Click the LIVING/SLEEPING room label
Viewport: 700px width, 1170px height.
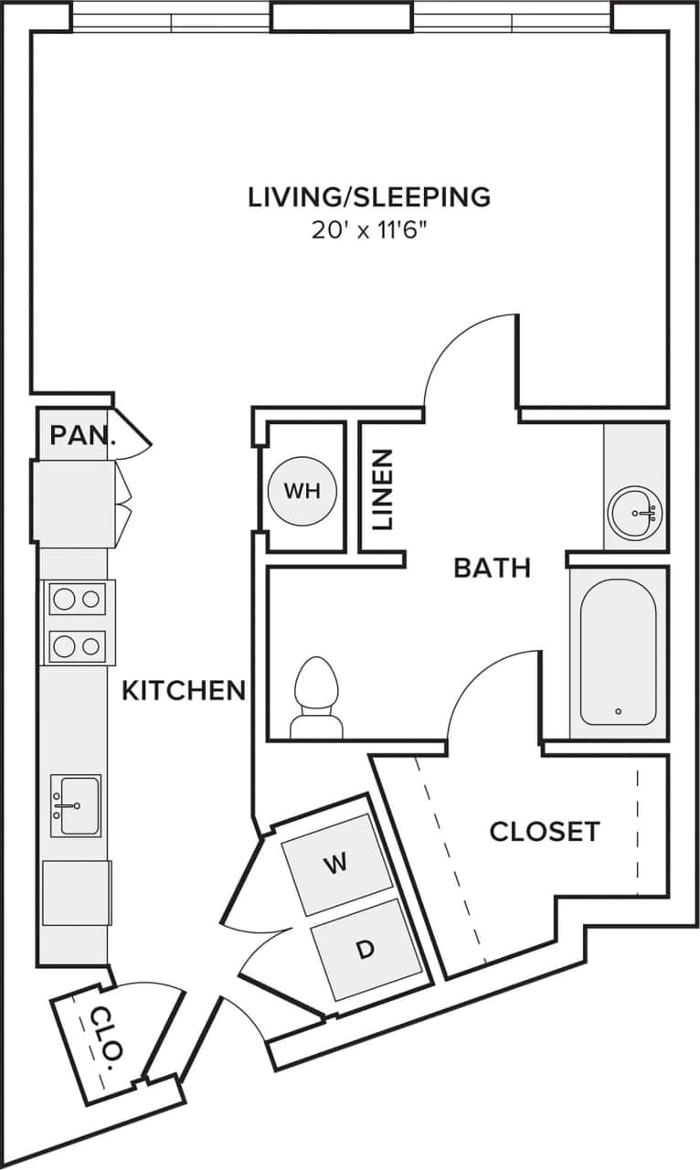click(369, 197)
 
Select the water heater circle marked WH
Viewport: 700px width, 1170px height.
click(302, 491)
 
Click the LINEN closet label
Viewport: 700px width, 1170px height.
click(383, 489)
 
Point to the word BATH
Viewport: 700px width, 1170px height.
click(492, 568)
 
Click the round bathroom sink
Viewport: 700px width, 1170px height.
click(635, 513)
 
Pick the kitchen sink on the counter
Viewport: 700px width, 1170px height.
click(75, 805)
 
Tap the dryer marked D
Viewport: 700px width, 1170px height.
click(366, 949)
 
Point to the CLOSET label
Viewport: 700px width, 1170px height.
click(545, 831)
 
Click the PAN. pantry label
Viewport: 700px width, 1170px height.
click(83, 435)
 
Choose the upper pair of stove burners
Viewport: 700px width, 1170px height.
click(77, 600)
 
